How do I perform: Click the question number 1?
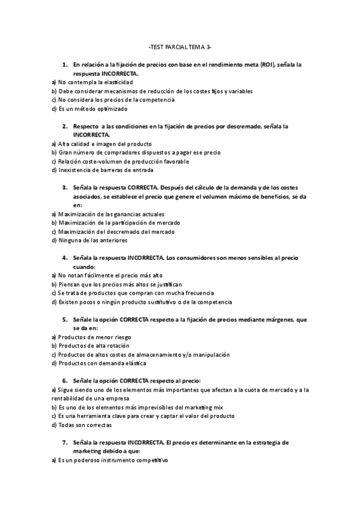tap(64, 64)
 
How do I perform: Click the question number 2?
tap(64, 127)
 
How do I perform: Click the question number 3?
tap(64, 188)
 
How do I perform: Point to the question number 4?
tap(64, 258)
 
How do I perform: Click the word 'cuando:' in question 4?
tap(84, 266)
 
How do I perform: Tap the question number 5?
tap(64, 320)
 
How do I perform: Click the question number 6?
tap(64, 381)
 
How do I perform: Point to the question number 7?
tap(64, 443)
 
